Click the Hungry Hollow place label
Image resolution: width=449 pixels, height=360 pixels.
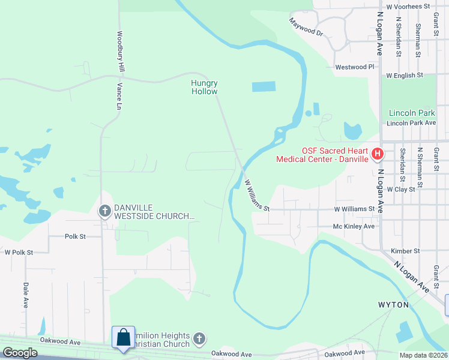(x=204, y=87)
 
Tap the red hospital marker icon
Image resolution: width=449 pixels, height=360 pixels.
(x=378, y=154)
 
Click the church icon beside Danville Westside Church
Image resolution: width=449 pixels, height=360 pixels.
(x=104, y=211)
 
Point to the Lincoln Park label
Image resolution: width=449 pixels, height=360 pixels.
(x=411, y=113)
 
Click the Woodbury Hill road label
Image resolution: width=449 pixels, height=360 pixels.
(x=120, y=52)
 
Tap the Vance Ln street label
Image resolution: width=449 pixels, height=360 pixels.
(x=119, y=96)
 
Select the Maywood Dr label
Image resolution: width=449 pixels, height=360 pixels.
(x=306, y=26)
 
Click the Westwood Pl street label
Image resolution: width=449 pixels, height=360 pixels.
(x=354, y=67)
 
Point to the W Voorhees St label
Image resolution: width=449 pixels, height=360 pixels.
(x=408, y=6)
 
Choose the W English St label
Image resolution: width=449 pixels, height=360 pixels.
(x=405, y=76)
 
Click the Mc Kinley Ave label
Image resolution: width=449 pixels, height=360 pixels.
(x=354, y=227)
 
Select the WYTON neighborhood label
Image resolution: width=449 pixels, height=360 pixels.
(x=393, y=305)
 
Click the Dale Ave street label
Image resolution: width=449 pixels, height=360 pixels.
(x=26, y=292)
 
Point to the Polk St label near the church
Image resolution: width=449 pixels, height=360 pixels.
(x=75, y=236)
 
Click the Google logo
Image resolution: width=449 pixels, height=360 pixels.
(x=20, y=353)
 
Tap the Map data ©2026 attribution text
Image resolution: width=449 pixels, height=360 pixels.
(x=423, y=355)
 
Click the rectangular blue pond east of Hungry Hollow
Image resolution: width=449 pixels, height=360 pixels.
(x=264, y=86)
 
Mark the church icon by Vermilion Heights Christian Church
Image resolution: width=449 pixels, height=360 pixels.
(x=200, y=340)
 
